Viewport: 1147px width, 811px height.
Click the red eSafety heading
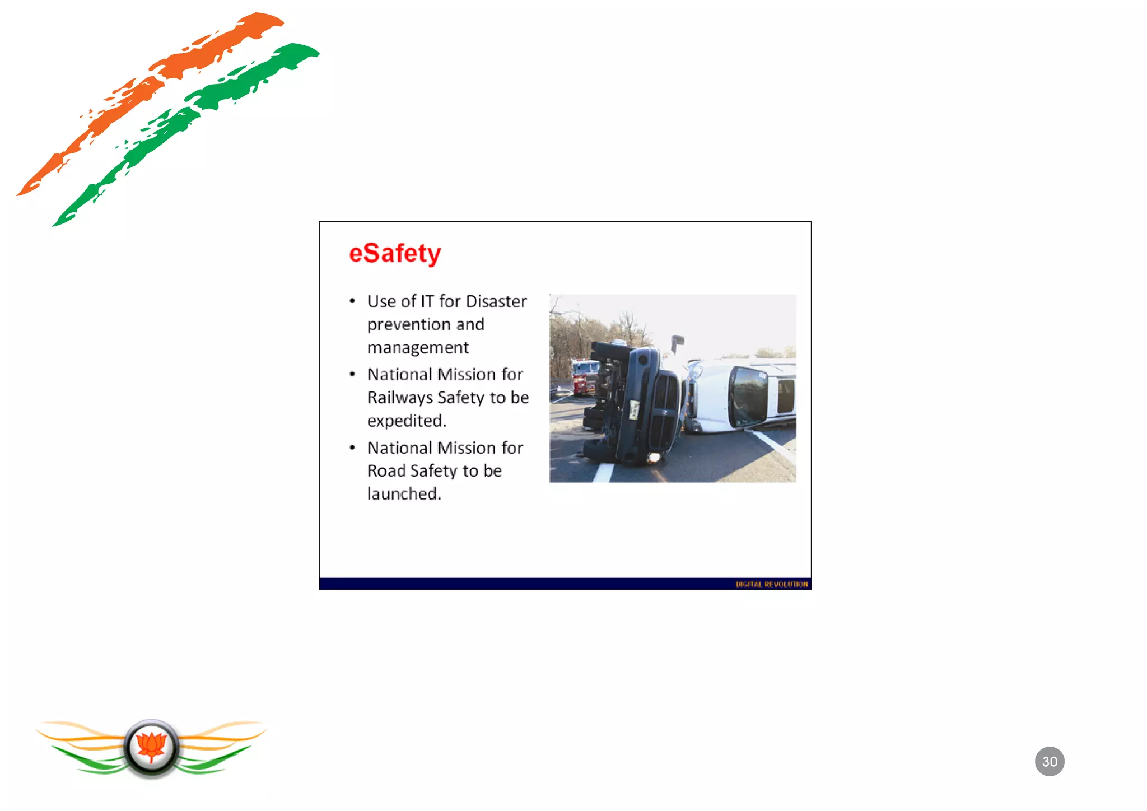(395, 253)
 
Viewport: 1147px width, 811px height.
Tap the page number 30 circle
(1049, 761)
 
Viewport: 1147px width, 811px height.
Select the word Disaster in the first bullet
(496, 301)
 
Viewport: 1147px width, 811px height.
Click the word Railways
(400, 397)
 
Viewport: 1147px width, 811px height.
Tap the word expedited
(406, 421)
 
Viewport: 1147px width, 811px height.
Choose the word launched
(404, 494)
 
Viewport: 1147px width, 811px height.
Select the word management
(418, 348)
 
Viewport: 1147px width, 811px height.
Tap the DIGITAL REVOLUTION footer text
(771, 584)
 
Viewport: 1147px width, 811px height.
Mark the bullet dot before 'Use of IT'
(352, 301)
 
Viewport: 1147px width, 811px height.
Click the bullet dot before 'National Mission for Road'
(352, 448)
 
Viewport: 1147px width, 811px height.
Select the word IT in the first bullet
(427, 301)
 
